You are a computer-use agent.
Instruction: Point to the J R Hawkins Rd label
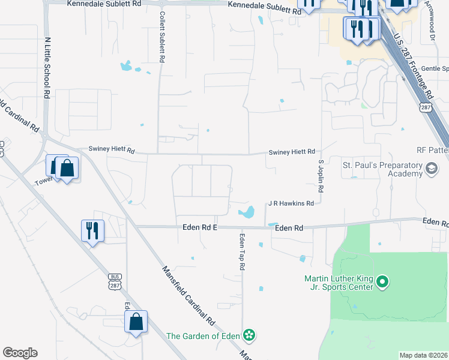[x=291, y=203]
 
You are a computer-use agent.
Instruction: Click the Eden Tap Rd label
[x=243, y=251]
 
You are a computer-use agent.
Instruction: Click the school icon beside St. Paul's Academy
[x=432, y=169]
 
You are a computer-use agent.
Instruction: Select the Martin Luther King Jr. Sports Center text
[x=340, y=283]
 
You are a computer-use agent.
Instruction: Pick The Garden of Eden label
[x=203, y=336]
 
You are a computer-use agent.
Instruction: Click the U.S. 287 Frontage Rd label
[x=414, y=66]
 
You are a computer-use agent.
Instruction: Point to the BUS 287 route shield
[x=115, y=280]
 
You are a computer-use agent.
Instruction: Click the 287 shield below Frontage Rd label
[x=426, y=107]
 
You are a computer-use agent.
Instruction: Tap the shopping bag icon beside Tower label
[x=67, y=169]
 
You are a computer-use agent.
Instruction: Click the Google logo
[x=20, y=353]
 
